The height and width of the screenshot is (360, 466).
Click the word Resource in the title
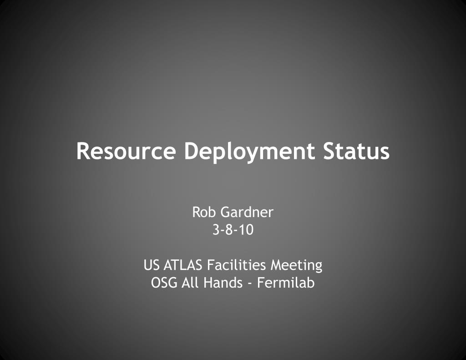pos(126,151)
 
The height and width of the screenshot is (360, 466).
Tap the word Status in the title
pos(356,151)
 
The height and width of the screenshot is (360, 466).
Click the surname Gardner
pos(247,212)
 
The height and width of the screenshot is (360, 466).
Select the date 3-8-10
pos(233,230)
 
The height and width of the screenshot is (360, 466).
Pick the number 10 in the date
pos(247,230)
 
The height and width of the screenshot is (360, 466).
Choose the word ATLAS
pos(183,265)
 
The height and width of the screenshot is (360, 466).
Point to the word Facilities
pos(236,265)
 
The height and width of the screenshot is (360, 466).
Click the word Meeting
pos(296,265)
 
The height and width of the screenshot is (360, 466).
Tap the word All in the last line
pos(190,283)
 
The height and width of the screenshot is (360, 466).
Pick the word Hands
pos(223,283)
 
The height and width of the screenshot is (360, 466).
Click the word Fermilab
pos(286,283)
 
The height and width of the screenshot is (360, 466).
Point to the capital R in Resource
pos(84,151)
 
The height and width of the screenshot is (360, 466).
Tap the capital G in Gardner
pos(226,212)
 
